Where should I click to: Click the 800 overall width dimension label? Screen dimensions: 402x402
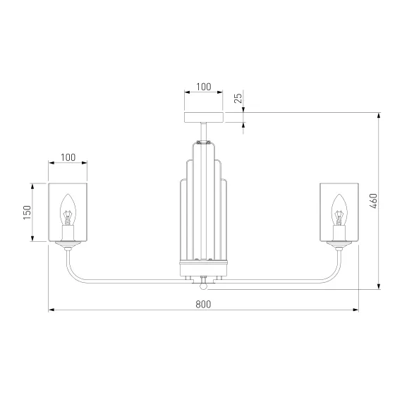[203, 304]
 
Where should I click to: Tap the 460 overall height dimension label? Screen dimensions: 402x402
[373, 201]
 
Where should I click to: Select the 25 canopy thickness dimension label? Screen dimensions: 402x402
[238, 98]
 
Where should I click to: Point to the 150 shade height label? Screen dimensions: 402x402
[28, 212]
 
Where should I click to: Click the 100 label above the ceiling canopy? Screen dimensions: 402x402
[204, 87]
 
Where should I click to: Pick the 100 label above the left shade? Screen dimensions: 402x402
[68, 157]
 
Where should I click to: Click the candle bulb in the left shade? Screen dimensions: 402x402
[68, 210]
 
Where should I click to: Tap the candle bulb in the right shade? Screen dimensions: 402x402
[339, 210]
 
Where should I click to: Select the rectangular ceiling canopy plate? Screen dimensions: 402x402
[204, 117]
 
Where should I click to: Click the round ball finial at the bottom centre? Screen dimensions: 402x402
[203, 286]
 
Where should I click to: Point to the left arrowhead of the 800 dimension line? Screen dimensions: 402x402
[51, 310]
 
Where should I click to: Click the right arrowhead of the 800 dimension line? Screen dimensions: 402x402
[355, 310]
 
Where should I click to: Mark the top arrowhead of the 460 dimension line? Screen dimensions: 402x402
[379, 116]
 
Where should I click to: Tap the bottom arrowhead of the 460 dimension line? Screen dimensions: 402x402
[379, 286]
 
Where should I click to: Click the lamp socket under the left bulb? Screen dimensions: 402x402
[68, 233]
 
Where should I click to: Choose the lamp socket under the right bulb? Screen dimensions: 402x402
[339, 233]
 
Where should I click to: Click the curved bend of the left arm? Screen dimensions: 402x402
[73, 275]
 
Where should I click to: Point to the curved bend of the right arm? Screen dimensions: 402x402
[334, 275]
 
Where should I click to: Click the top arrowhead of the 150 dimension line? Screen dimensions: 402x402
[32, 187]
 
